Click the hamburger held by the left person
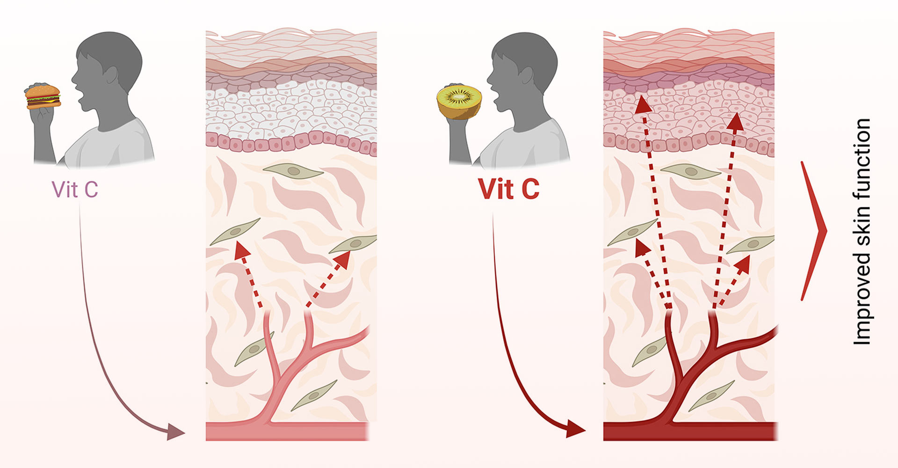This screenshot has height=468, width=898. [x=43, y=97]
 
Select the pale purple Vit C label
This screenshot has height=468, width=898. [x=75, y=190]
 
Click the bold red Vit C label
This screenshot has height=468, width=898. [x=508, y=189]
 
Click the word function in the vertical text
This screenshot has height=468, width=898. [x=862, y=154]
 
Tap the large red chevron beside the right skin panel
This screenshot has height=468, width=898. [x=814, y=231]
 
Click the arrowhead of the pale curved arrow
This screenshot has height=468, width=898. [x=176, y=431]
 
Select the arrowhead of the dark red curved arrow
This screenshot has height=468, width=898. [x=575, y=428]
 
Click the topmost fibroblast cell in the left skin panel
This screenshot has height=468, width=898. [x=293, y=171]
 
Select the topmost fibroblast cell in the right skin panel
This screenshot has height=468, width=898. [x=690, y=171]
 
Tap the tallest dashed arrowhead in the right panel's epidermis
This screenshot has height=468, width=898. [x=644, y=104]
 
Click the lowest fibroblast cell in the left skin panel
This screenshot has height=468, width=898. [x=314, y=396]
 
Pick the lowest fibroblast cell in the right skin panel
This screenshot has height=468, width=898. [x=711, y=396]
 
